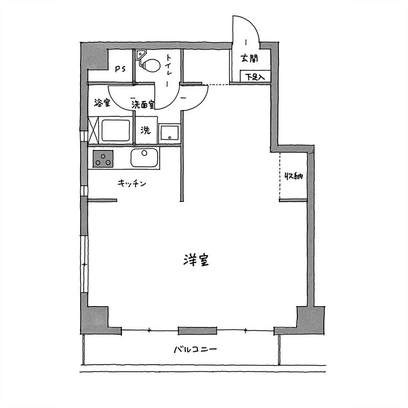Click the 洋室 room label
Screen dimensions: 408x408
196,260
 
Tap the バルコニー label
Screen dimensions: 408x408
195,349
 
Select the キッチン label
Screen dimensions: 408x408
132,184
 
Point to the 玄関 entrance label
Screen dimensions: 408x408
249,59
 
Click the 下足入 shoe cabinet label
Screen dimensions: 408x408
255,77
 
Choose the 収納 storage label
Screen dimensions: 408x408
294,176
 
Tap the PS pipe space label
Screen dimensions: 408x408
120,69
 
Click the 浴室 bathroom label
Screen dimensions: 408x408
102,103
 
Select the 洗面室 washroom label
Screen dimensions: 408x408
143,105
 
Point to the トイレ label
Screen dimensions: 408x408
169,70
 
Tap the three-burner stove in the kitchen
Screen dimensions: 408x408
103,159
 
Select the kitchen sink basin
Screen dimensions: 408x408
144,158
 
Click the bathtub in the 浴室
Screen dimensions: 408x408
116,131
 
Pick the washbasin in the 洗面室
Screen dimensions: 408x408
169,133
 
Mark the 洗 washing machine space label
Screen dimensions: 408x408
146,130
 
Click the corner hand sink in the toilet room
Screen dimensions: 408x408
141,54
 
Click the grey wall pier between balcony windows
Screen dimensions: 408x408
197,330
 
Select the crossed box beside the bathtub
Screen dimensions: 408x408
93,130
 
